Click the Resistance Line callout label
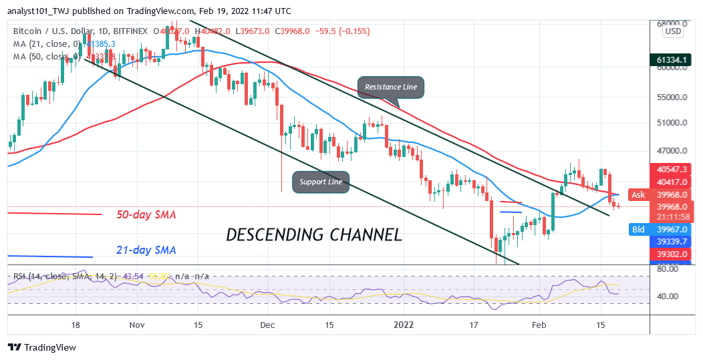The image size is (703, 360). click(390, 87)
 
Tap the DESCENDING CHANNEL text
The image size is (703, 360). click(313, 235)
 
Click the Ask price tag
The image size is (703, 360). click(638, 194)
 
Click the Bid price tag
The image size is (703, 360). click(638, 229)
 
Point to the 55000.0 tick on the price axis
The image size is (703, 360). click(673, 97)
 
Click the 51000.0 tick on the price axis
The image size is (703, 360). click(673, 123)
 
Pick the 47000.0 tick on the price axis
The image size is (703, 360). click(673, 151)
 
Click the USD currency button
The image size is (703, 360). click(673, 31)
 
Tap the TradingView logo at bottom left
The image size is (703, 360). click(41, 347)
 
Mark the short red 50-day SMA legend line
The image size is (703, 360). click(54, 214)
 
